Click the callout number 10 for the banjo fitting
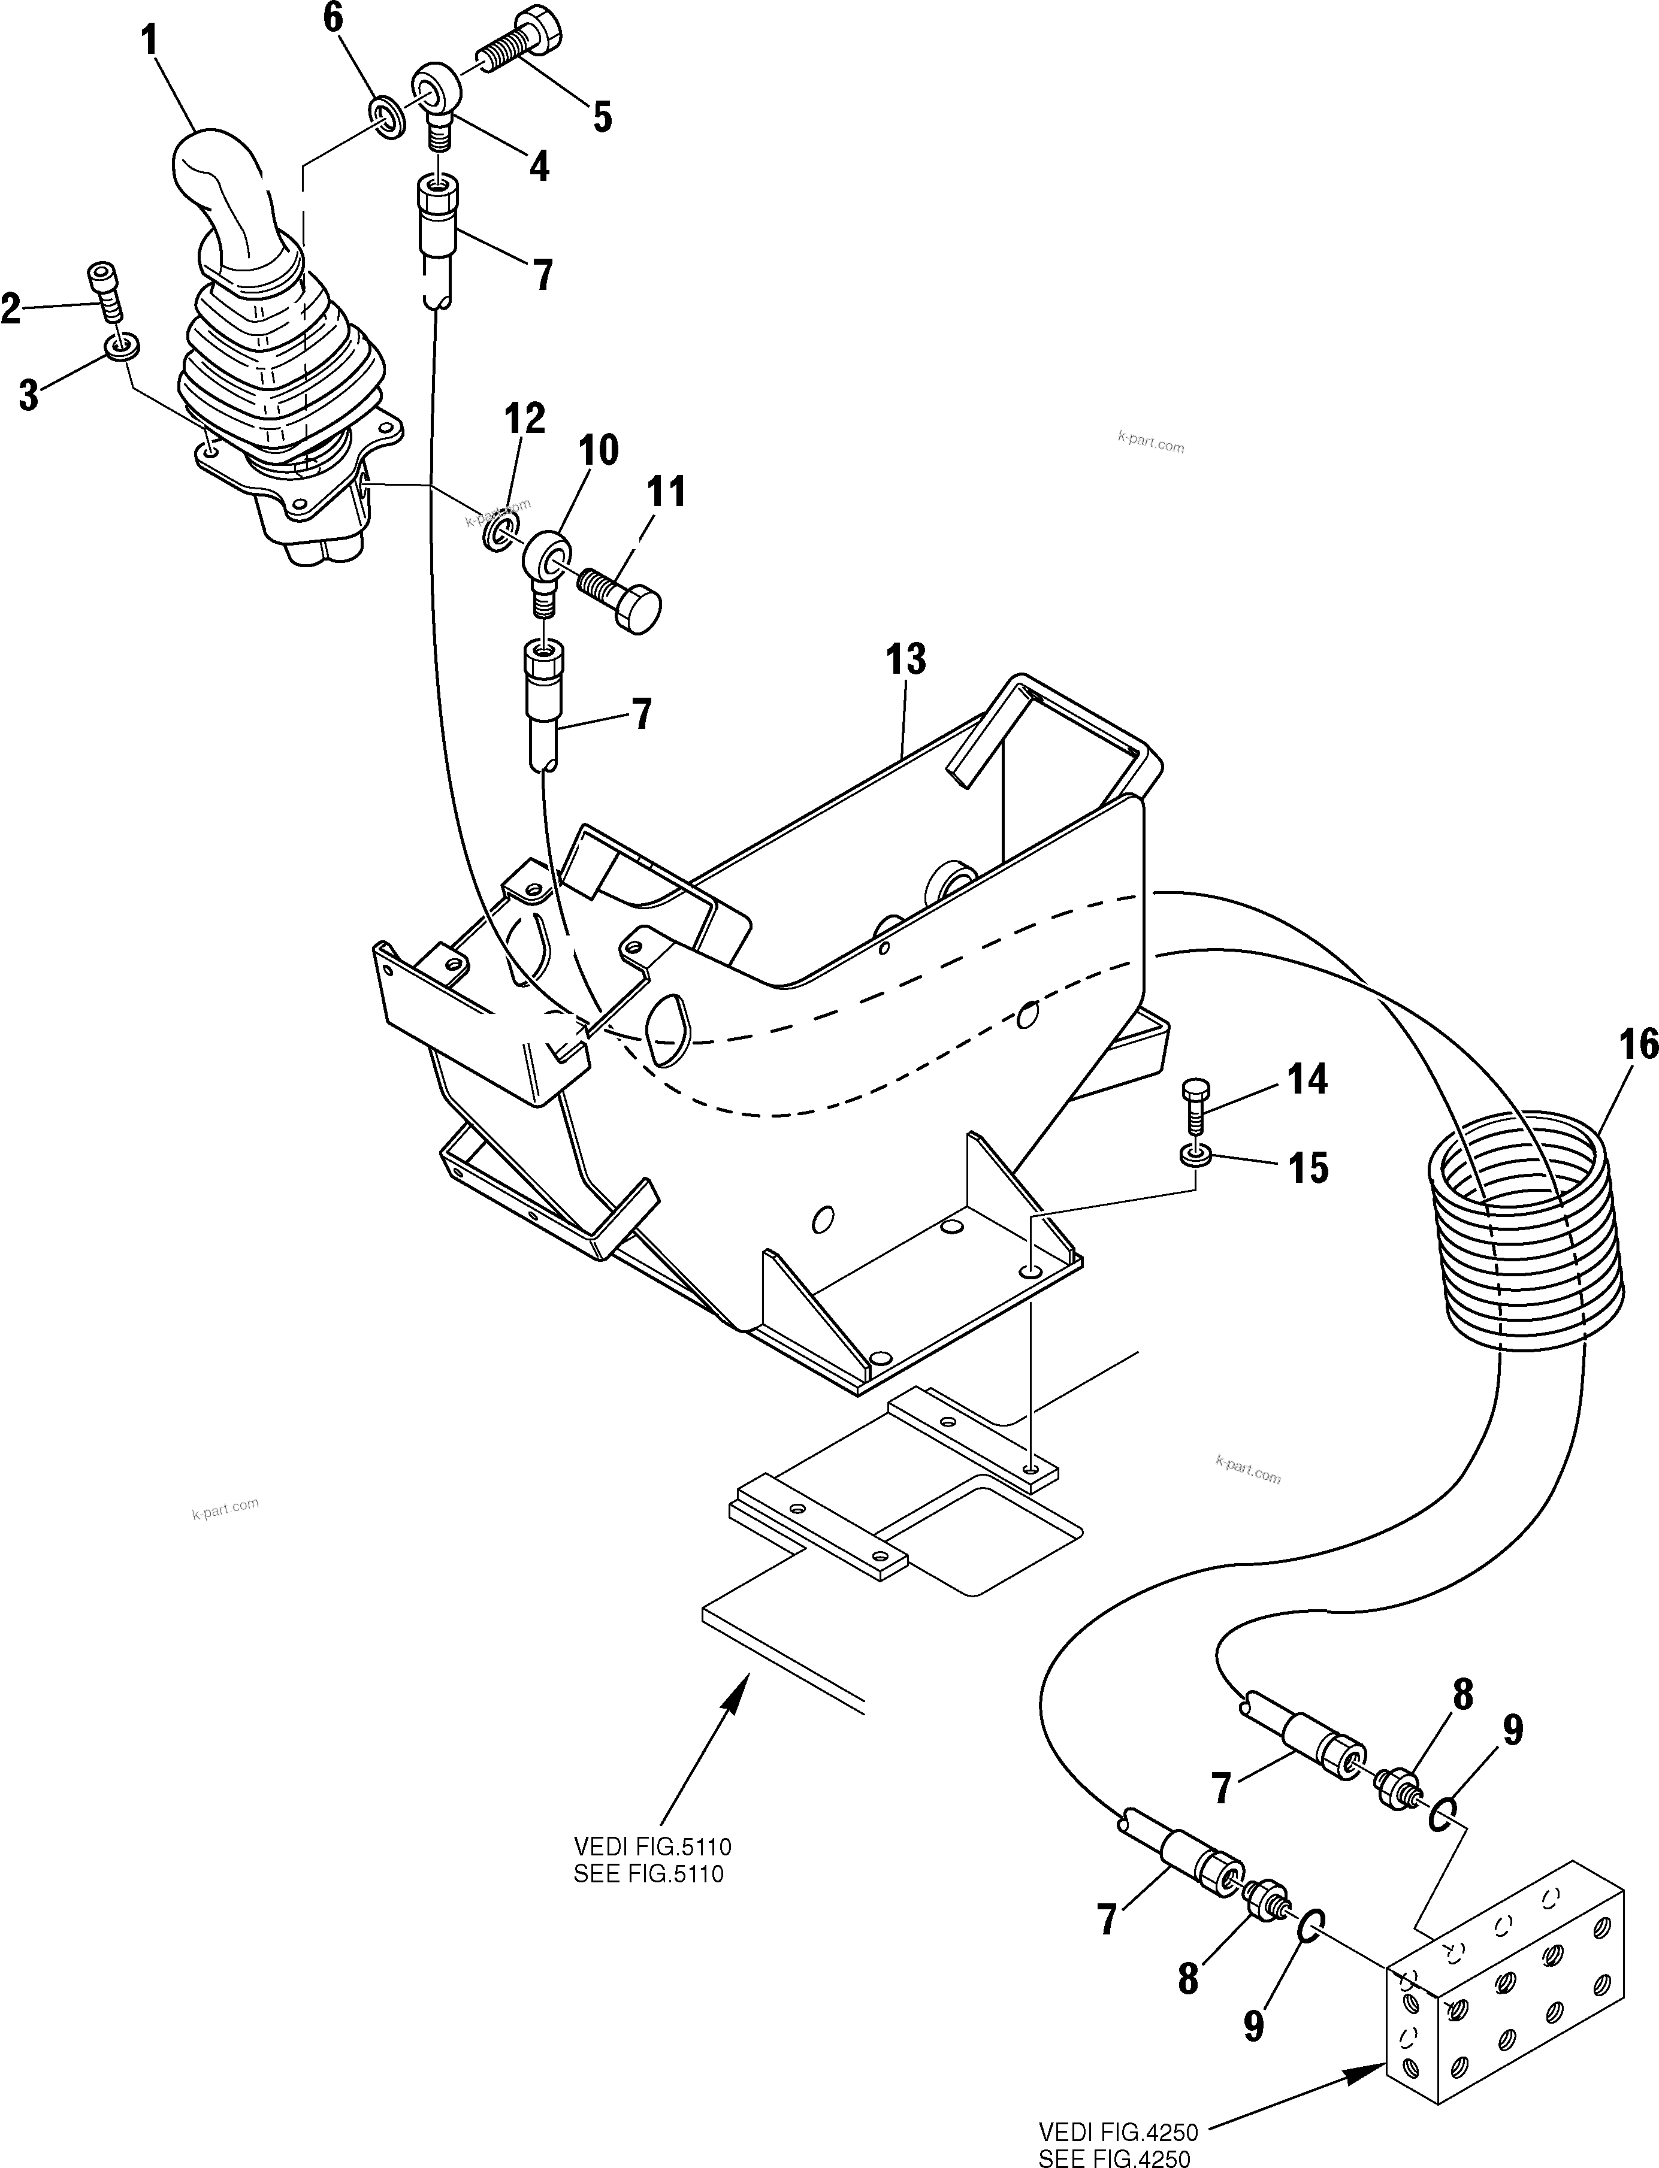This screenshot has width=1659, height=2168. [x=599, y=450]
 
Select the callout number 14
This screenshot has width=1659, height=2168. [x=1307, y=1080]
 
